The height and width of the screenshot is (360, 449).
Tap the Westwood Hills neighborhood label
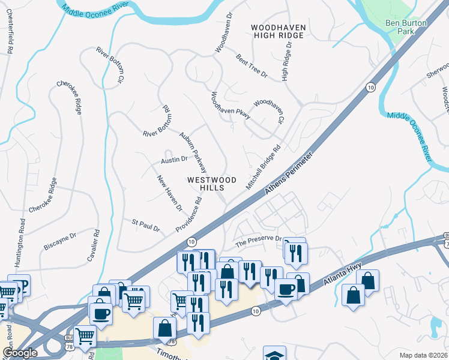pyautogui.click(x=212, y=184)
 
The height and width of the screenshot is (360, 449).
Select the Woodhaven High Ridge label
pyautogui.click(x=279, y=32)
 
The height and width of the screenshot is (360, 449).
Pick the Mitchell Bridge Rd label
pyautogui.click(x=263, y=169)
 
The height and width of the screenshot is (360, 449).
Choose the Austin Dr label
pyautogui.click(x=174, y=160)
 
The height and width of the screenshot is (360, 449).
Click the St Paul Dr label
pyautogui.click(x=146, y=225)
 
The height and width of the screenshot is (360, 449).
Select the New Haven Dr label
pyautogui.click(x=169, y=193)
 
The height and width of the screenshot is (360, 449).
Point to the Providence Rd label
pyautogui.click(x=188, y=214)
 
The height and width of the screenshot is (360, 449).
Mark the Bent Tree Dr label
pyautogui.click(x=252, y=65)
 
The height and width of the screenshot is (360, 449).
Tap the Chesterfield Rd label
pyautogui.click(x=10, y=34)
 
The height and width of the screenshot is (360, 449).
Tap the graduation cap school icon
pyautogui.click(x=274, y=354)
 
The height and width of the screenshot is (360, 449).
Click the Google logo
pyautogui.click(x=20, y=352)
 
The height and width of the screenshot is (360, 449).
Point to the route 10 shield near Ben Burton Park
pyautogui.click(x=371, y=88)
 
